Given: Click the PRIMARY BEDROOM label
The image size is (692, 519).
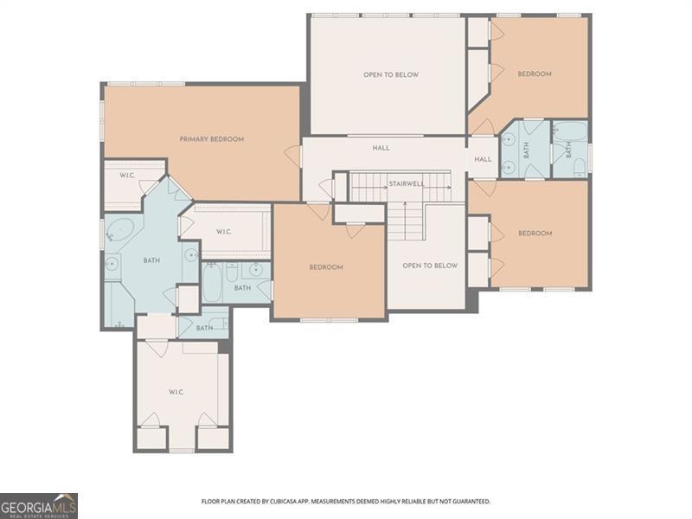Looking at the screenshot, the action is pos(212,139).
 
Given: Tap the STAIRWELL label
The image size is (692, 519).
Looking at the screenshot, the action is pos(407,183).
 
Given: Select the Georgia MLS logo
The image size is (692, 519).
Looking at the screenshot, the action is pos(39,506).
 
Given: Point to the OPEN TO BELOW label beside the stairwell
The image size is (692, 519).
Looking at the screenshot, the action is pos(430,266).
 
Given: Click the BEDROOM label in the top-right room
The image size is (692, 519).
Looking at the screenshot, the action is pos(535,74).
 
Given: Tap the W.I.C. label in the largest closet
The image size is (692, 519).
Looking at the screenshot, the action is pos(176,392).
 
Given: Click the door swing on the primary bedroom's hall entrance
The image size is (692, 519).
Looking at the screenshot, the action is pos(292,156).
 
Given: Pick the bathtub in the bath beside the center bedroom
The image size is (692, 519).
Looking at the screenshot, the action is pos(212,283).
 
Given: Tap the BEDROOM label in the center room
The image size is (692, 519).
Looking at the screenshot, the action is pos(326,267).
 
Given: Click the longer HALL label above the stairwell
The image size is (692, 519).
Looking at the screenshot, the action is pos(381,148).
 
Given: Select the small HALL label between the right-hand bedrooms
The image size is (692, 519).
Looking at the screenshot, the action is pos(483,159).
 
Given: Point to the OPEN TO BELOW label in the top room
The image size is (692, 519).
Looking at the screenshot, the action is pos(391,75).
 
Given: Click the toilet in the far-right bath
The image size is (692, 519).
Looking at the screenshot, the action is pos(580,168).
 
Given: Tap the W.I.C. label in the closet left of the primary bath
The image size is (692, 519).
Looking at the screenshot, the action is pos(127,176).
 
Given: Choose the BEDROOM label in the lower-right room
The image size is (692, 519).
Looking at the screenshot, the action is pos(535,234).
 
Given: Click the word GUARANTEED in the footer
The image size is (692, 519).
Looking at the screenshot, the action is pos(473,502).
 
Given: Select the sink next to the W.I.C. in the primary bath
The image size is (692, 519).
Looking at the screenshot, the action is pos(191,255).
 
